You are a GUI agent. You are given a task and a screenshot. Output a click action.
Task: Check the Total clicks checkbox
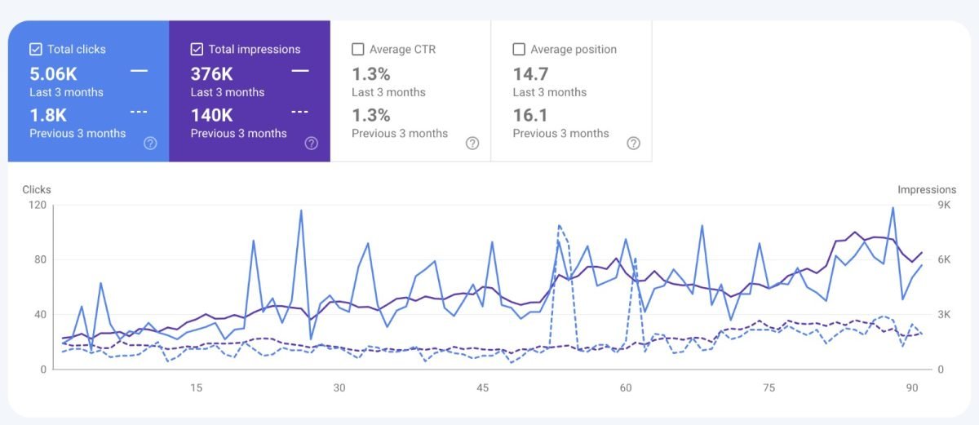pos(36,49)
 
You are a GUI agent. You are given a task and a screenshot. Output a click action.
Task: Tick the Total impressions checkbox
pos(197,49)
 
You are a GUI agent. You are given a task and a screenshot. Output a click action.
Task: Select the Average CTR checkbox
pos(357,49)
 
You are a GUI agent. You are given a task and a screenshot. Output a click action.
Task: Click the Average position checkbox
pos(518,49)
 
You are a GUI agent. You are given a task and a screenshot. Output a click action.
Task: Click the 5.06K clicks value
pos(52,73)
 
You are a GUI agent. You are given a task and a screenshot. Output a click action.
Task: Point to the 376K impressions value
pos(212,73)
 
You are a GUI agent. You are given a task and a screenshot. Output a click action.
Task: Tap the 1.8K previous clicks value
pos(47,115)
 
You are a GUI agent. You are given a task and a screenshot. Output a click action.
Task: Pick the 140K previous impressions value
pos(213,115)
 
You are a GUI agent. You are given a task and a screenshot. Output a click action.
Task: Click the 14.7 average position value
pos(530,73)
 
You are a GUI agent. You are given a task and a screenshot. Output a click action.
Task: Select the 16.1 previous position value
pos(530,115)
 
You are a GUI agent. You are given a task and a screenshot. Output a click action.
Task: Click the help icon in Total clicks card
pos(150,143)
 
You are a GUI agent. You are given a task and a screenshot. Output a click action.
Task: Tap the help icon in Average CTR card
pos(472,143)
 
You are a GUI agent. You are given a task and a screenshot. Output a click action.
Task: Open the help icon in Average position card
pos(634,143)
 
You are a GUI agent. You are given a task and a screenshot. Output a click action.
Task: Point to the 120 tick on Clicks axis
pos(37,205)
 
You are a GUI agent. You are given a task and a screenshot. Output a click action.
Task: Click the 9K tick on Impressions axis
pos(944,205)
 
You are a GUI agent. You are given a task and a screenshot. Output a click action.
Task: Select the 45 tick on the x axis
pos(483,387)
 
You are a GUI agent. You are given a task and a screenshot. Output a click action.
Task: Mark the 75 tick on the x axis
pos(769,387)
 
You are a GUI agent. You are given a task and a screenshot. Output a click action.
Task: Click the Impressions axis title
pos(927,189)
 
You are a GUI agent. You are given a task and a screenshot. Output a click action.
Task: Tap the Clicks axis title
pos(37,189)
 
